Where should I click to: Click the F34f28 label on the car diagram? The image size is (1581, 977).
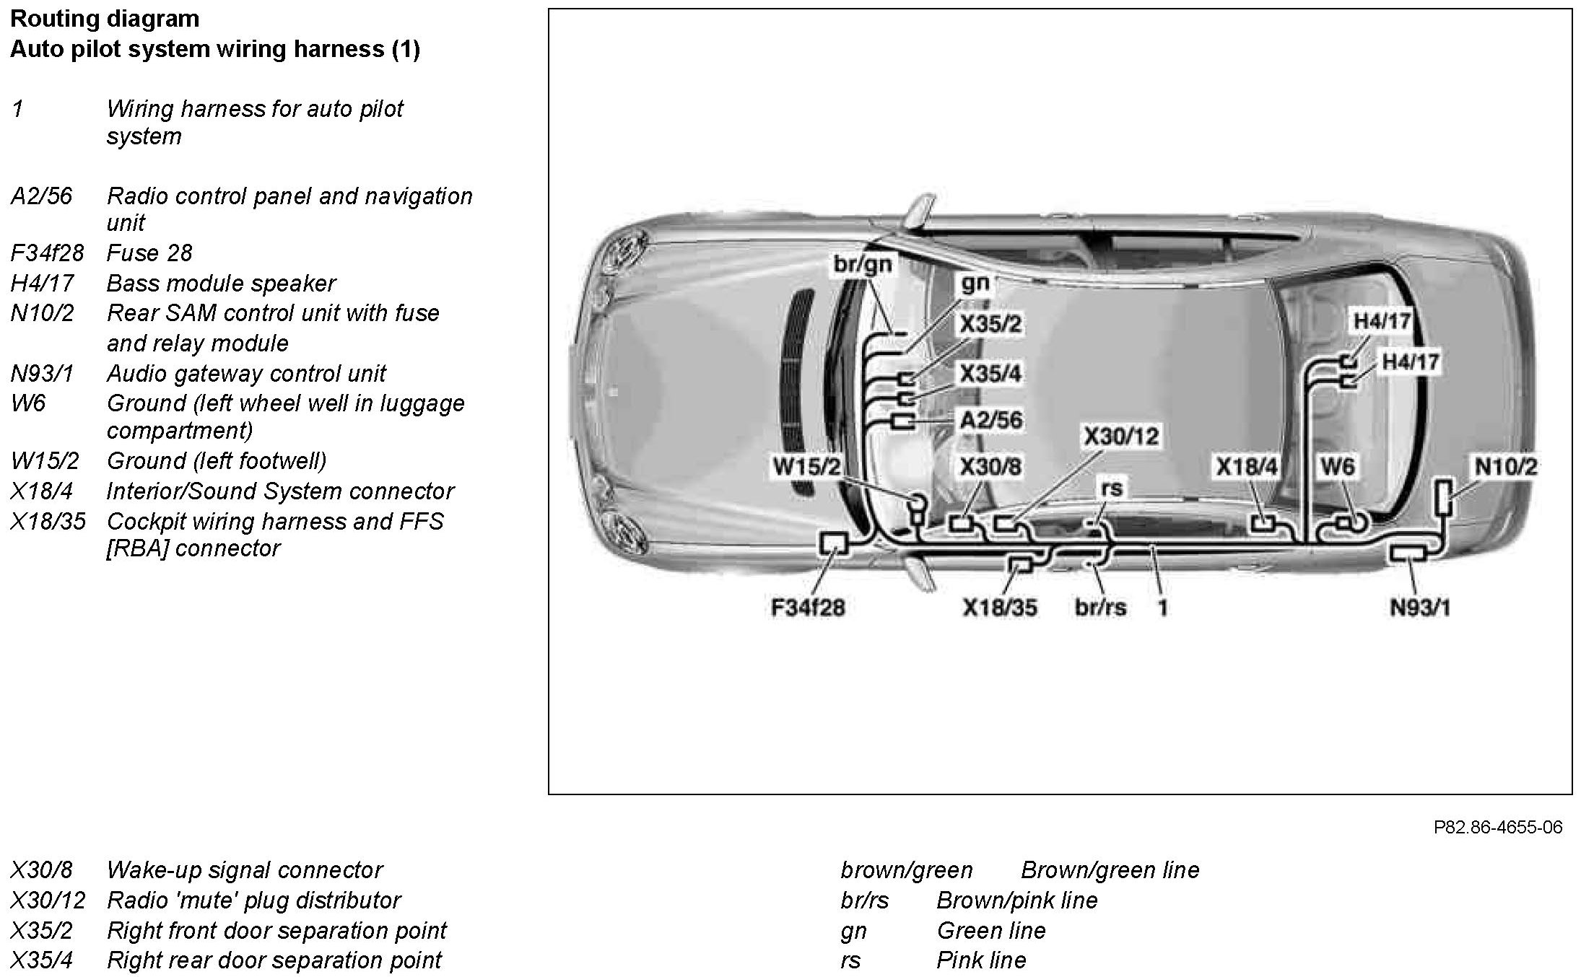[808, 607]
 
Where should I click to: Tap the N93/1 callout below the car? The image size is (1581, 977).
[1420, 607]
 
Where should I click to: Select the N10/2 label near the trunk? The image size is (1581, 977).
[1506, 466]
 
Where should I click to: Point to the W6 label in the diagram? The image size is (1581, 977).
[1337, 466]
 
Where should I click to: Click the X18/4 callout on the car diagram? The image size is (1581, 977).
[1247, 466]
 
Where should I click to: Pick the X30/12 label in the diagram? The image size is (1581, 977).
[1121, 436]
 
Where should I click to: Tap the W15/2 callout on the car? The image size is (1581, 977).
[807, 466]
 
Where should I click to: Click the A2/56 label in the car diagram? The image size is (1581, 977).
[991, 420]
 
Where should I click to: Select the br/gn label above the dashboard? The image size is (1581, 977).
[863, 264]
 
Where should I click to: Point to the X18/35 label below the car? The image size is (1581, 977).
[1000, 607]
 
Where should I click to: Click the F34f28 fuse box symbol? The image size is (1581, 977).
[833, 543]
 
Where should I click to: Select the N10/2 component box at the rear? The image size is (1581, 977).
[1444, 497]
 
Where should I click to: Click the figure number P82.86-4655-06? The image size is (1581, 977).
[1497, 827]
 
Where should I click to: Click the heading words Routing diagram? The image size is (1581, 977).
[105, 18]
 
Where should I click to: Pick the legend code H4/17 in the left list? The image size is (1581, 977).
[42, 283]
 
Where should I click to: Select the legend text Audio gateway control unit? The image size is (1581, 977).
[246, 373]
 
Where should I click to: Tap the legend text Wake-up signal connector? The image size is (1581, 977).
[245, 869]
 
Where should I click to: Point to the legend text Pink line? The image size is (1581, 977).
[981, 960]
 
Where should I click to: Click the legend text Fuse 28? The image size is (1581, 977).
[149, 253]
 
